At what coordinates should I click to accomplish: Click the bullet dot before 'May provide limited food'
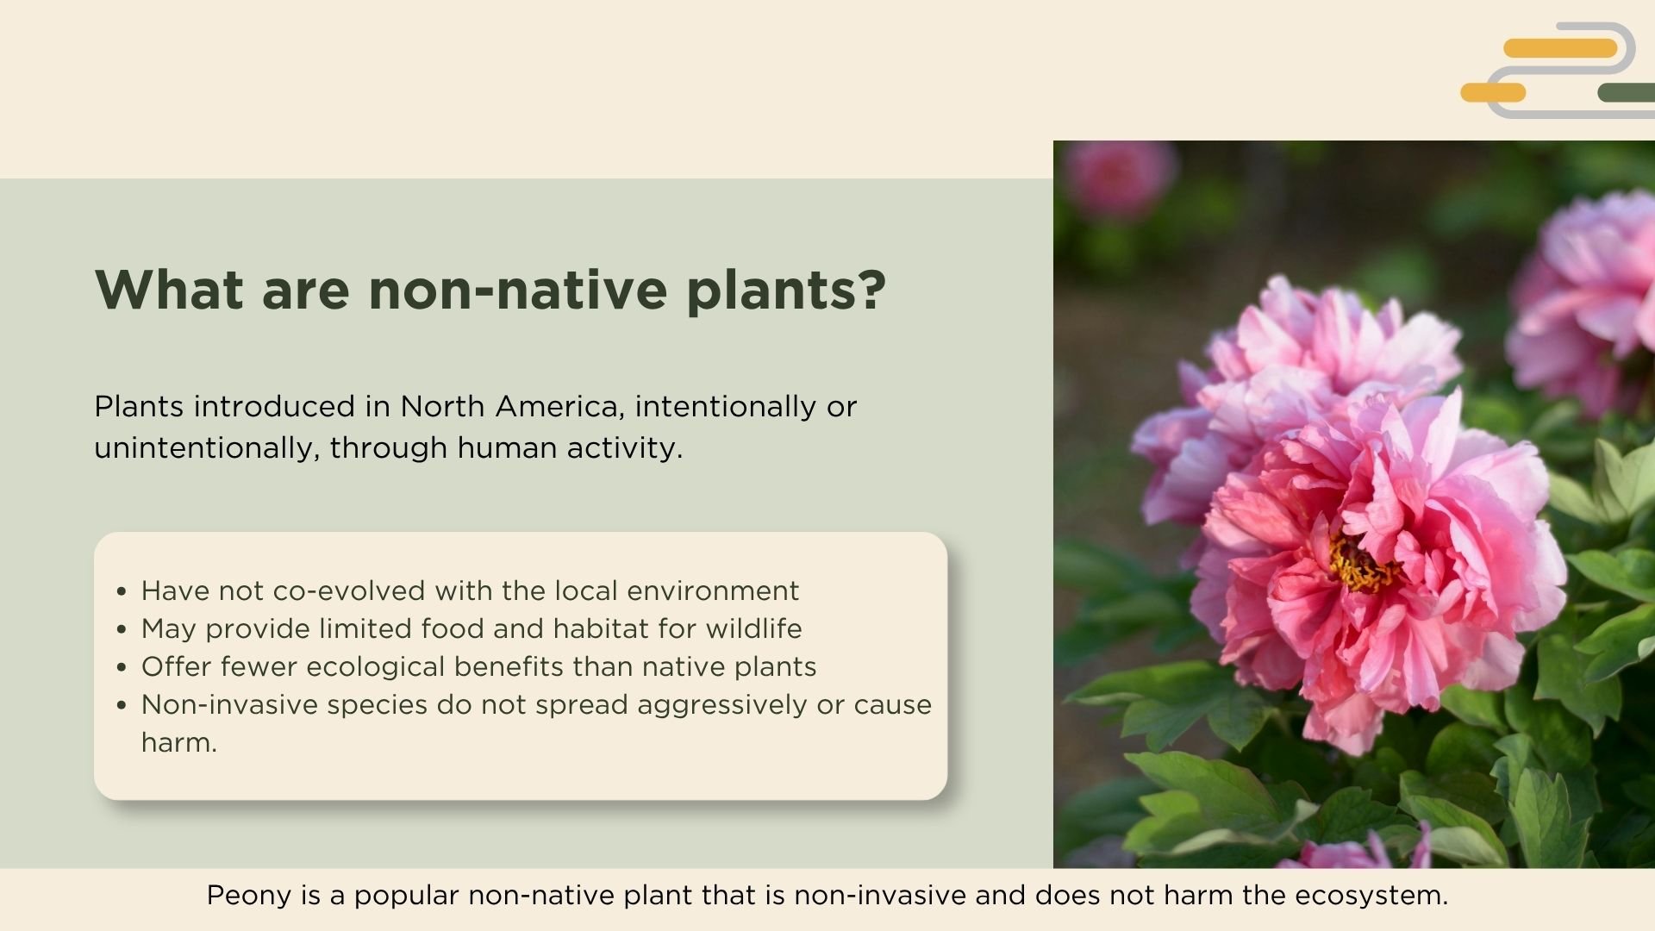[122, 630]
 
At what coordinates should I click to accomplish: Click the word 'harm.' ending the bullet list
[179, 743]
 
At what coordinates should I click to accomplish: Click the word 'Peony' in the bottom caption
[249, 896]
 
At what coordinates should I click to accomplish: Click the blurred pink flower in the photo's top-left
[1118, 177]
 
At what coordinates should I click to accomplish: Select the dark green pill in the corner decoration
[1626, 92]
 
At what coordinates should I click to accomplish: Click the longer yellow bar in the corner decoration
[1560, 48]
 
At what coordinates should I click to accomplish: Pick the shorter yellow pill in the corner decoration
[1493, 92]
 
